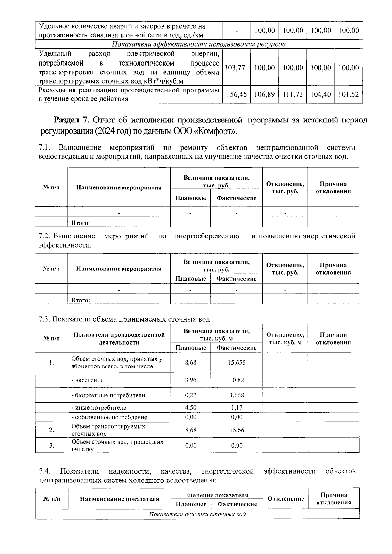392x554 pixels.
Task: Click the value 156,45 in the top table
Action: [236, 95]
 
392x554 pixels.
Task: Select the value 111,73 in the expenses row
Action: [293, 95]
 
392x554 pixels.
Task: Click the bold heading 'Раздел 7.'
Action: [72, 120]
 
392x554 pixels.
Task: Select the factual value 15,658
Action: [237, 362]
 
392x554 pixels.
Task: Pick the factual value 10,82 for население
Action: [237, 380]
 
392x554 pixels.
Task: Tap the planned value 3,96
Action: [190, 380]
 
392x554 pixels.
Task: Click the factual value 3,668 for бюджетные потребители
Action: [237, 395]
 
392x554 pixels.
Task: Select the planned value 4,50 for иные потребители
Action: [190, 408]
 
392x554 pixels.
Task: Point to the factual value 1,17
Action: [237, 408]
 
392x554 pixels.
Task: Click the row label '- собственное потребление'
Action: [109, 417]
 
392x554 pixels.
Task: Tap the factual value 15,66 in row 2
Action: [237, 430]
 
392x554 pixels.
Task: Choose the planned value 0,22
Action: [190, 395]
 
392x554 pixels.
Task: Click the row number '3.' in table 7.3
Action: [51, 445]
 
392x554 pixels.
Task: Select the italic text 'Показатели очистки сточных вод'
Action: [197, 514]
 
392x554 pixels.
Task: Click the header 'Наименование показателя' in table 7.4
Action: [119, 499]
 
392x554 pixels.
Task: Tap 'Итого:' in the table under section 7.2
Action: [80, 300]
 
